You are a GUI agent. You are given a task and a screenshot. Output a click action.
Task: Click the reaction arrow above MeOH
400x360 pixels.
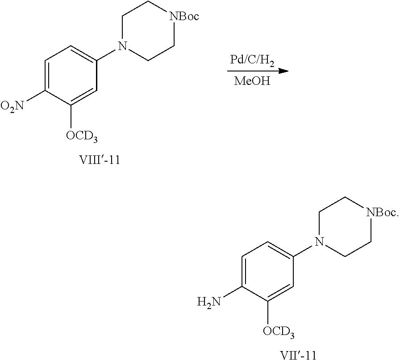256,71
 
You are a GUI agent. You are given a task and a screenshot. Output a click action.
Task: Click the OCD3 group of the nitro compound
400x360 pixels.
82,135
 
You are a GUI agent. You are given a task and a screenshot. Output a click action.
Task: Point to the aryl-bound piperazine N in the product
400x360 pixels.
318,242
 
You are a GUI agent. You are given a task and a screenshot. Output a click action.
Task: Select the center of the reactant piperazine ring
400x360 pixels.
146,31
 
